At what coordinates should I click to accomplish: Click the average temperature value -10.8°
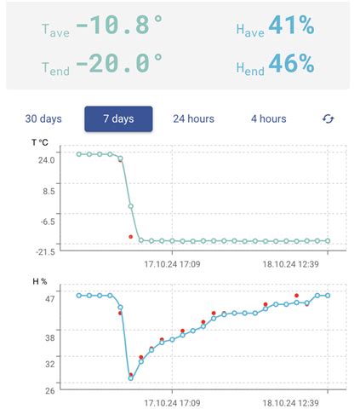click(120, 27)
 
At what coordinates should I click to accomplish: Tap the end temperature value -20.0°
click(120, 63)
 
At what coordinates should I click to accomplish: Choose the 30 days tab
click(43, 118)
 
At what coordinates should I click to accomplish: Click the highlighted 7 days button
click(118, 118)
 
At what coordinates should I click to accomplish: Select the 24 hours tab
click(193, 118)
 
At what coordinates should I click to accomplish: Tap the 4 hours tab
click(268, 118)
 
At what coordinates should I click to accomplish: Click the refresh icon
click(329, 118)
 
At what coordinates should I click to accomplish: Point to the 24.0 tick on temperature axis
click(46, 159)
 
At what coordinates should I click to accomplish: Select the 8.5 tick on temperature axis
click(49, 191)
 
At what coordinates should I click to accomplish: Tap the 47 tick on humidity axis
click(49, 298)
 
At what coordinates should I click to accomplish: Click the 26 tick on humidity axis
click(49, 390)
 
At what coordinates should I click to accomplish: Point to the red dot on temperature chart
click(130, 236)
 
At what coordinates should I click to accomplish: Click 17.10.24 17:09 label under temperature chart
click(172, 264)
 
